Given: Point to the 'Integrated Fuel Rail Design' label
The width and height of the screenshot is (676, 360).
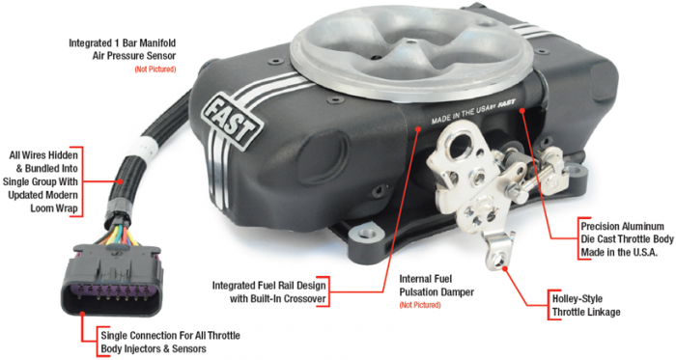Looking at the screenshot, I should (269, 292).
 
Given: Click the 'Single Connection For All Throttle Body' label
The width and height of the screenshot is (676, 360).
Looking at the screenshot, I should (170, 342).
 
